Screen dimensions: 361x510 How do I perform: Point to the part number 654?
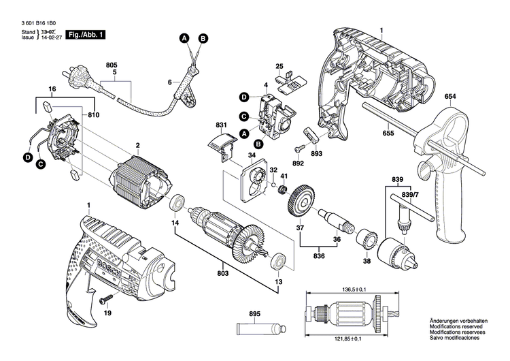point(449,97)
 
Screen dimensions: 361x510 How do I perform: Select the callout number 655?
point(387,134)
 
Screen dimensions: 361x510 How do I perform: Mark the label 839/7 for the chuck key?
point(410,194)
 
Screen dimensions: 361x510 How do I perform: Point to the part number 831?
point(221,125)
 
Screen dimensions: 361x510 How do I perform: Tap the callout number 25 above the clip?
point(279,65)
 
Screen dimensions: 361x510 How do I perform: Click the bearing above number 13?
point(277,261)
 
